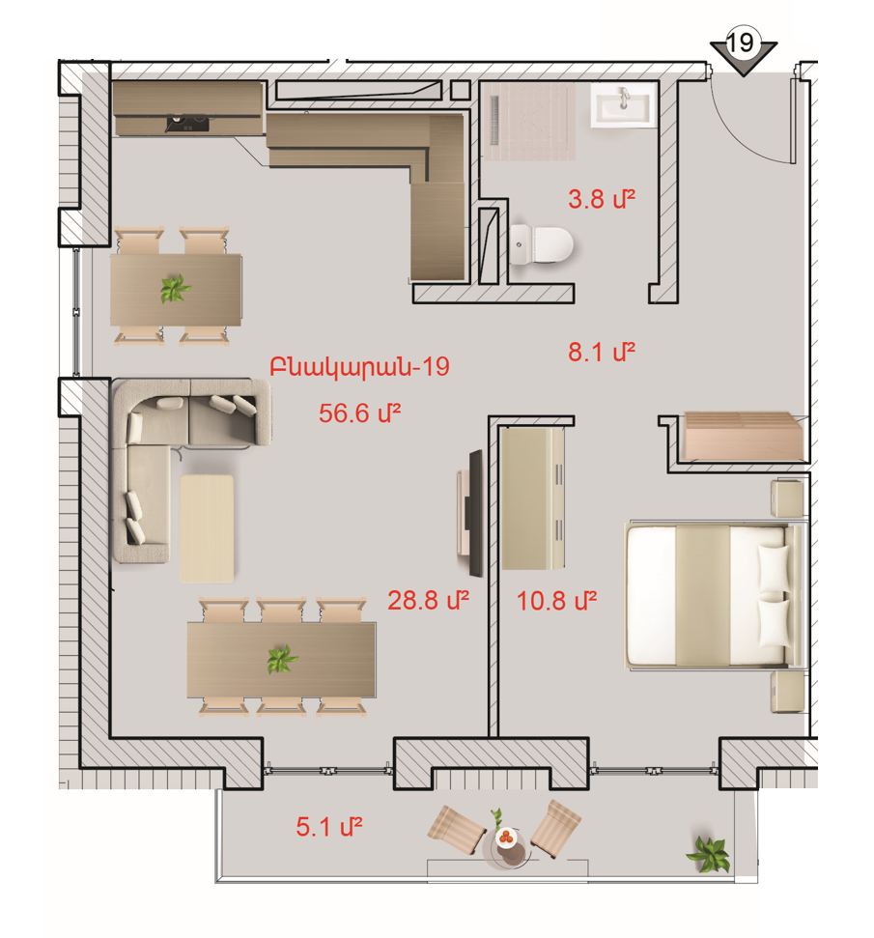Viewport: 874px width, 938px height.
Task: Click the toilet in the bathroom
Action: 541,244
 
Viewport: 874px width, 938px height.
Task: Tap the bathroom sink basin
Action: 623,105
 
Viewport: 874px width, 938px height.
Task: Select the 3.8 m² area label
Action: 602,199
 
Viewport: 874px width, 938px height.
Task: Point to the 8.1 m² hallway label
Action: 602,352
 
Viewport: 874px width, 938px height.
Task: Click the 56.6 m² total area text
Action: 359,412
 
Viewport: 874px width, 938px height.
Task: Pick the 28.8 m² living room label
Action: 428,600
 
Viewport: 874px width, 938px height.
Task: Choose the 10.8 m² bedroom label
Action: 556,601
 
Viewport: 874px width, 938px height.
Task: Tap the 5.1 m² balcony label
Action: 329,827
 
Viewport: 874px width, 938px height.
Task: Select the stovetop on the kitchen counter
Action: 188,123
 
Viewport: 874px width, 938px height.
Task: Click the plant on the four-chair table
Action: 175,288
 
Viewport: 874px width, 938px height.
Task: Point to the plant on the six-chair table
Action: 282,659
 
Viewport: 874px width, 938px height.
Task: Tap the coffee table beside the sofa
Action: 207,528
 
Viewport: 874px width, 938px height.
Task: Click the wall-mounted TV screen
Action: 475,513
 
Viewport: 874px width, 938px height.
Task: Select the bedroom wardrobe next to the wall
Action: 532,498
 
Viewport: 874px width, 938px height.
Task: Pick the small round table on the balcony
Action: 506,846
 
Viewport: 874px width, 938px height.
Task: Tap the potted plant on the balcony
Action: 709,854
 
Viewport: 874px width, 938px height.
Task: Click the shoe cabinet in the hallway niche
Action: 743,436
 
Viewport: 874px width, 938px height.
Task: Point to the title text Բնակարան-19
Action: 359,367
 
